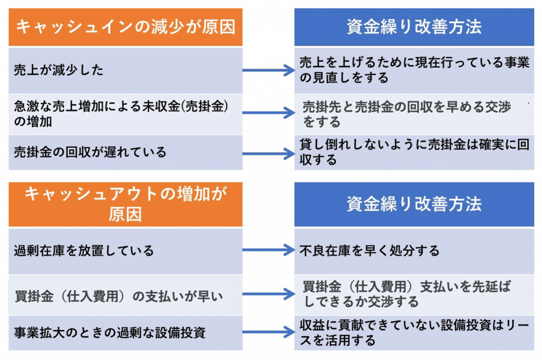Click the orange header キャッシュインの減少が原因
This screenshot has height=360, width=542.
pyautogui.click(x=125, y=27)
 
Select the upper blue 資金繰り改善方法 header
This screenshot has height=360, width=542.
pyautogui.click(x=414, y=27)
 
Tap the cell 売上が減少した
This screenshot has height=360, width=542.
pyautogui.click(x=125, y=70)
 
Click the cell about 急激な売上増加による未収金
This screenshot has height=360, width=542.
pyautogui.click(x=125, y=114)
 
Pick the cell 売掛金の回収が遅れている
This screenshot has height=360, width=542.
pyautogui.click(x=125, y=152)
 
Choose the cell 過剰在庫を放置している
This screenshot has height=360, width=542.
pyautogui.click(x=125, y=250)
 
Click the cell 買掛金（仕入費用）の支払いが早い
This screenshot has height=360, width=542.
pyautogui.click(x=125, y=295)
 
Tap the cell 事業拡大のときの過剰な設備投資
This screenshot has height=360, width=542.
pyautogui.click(x=125, y=333)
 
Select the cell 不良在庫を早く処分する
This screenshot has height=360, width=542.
pyautogui.click(x=414, y=250)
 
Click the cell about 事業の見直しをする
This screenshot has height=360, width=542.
pyautogui.click(x=414, y=70)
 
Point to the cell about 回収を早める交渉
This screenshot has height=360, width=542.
pyautogui.click(x=414, y=114)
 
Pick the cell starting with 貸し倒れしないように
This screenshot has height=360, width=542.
pyautogui.click(x=414, y=152)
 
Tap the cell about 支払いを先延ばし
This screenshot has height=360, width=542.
pyautogui.click(x=414, y=295)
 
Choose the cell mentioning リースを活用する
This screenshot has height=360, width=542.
pyautogui.click(x=414, y=333)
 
